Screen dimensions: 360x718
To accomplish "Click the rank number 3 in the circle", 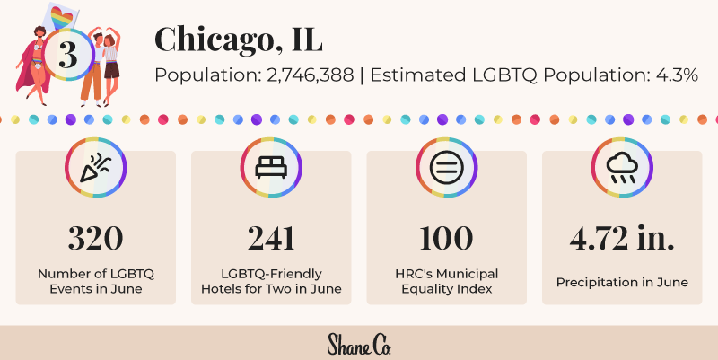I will (66, 55).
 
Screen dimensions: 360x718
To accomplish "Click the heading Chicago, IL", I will (238, 39).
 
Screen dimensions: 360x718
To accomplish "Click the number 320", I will (96, 238).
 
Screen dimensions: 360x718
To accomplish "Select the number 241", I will (271, 238).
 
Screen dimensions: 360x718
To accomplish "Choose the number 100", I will (446, 238).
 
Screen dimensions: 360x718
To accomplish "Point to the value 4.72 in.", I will (622, 238).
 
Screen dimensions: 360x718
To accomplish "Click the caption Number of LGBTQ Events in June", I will (96, 281).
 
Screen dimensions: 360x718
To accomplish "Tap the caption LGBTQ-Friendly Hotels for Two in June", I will (271, 281).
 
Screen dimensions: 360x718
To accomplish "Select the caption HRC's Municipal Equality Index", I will (446, 281).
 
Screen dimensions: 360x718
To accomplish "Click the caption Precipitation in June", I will (622, 282).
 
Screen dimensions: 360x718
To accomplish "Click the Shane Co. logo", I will (359, 344).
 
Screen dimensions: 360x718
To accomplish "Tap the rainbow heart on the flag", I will (62, 16).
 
